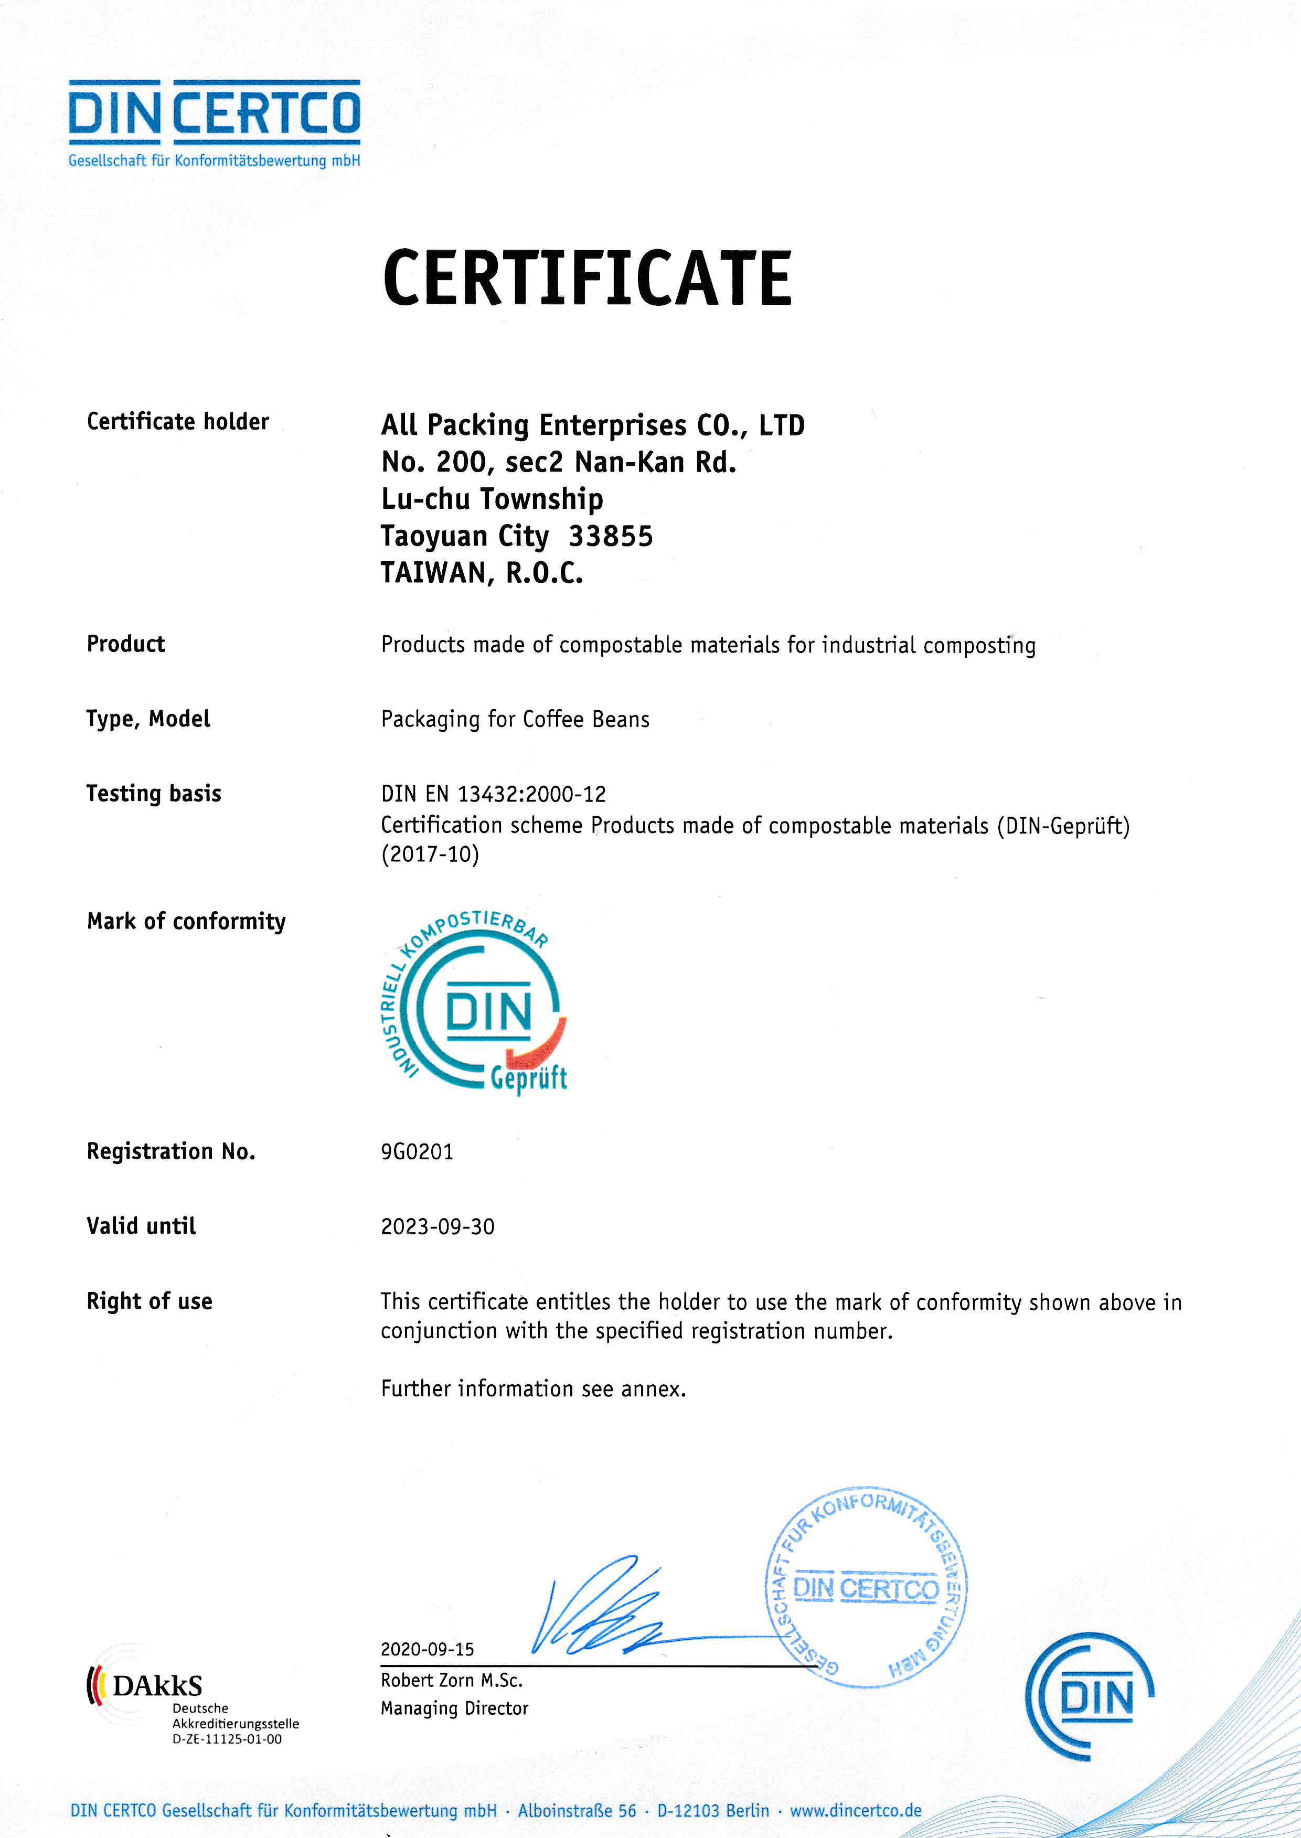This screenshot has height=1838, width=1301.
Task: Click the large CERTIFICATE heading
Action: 587,278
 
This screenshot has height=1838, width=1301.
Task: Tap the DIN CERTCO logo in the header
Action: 214,122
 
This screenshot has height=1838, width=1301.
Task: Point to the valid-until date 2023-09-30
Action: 438,1226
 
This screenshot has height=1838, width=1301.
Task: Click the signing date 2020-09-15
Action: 427,1649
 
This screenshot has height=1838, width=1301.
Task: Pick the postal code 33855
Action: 611,536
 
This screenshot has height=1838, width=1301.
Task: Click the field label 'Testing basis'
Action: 154,793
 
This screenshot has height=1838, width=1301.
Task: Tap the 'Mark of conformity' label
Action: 186,921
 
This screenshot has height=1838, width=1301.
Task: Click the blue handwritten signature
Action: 601,1610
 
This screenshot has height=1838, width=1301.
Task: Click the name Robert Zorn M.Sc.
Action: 451,1680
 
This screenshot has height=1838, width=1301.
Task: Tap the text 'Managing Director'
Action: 454,1708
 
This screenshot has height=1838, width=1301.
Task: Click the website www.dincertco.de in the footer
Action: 856,1810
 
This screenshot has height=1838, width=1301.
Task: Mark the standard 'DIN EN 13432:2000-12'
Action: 494,794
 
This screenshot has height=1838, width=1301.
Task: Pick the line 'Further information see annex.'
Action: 534,1388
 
